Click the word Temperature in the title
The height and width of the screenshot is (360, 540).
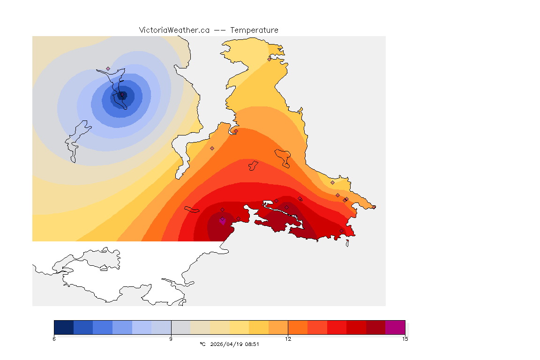coord(254,30)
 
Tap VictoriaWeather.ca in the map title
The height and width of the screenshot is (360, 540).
coord(174,30)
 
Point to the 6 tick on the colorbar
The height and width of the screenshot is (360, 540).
coord(54,339)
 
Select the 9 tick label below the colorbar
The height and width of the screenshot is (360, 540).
coord(171,339)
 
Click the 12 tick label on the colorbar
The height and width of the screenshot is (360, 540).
coord(288,339)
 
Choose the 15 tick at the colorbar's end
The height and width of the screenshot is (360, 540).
coord(405,339)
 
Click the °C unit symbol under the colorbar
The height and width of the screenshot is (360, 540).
coord(202,344)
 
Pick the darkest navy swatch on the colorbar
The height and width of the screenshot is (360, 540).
coord(64,327)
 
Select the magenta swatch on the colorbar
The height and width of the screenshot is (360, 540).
coord(395,327)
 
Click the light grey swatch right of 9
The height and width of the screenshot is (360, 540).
coord(180,327)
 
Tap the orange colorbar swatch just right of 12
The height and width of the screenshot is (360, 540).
coord(298,327)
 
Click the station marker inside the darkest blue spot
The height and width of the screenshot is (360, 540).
coord(122,95)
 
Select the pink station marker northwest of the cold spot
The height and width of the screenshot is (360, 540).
coord(108,68)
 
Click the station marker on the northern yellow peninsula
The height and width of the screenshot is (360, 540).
coord(269,59)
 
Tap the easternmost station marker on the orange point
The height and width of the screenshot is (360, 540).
coord(374,207)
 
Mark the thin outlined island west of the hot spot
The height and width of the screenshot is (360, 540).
coord(192,210)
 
